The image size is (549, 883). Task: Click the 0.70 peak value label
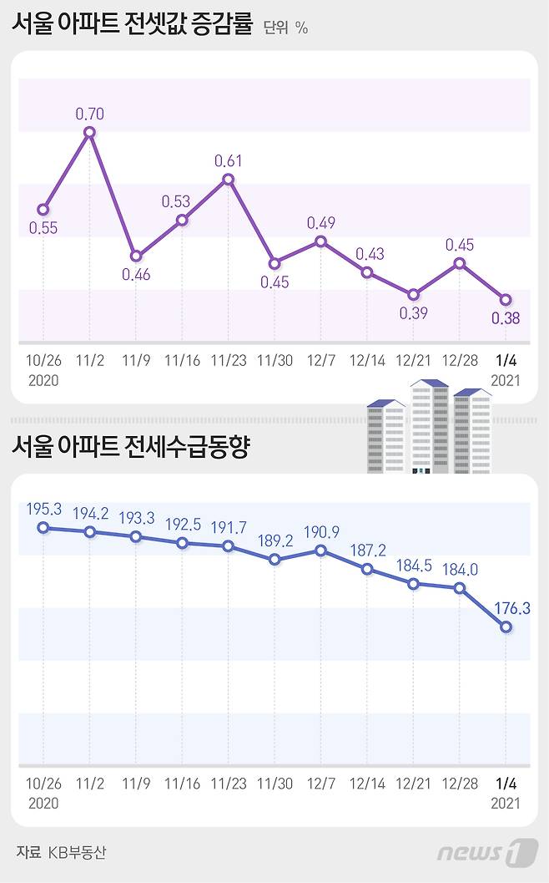89,113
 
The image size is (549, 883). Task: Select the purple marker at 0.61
229,179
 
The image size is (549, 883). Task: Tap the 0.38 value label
506,317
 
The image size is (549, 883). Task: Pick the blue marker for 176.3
506,627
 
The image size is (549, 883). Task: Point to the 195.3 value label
43,508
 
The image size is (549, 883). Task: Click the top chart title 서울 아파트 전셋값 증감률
132,25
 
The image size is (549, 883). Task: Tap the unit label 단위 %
285,28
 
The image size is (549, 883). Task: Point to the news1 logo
487,852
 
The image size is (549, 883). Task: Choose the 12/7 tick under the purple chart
321,360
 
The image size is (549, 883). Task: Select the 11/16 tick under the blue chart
182,784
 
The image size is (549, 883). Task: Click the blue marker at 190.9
321,551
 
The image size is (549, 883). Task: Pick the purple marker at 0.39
414,294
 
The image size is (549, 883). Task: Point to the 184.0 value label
460,569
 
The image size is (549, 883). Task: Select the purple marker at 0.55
43,210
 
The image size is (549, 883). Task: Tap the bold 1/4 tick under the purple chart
506,360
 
